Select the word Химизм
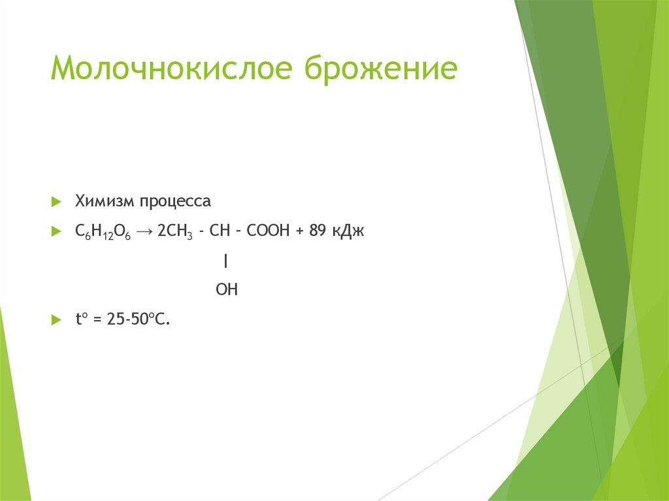coord(105,201)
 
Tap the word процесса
coord(174,201)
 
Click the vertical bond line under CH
coord(225,261)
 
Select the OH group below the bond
coord(227,289)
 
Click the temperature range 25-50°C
coord(138,319)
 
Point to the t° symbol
coord(82,319)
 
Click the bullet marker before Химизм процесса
coord(56,201)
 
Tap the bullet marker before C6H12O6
coord(56,233)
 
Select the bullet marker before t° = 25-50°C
coord(56,319)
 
